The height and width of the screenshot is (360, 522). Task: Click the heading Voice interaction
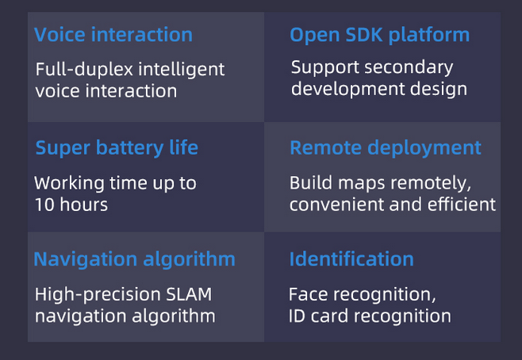(x=113, y=35)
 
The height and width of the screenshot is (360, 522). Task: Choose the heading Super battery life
(x=117, y=148)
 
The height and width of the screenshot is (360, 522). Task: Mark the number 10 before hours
(x=44, y=205)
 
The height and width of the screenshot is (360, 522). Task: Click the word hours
(x=83, y=205)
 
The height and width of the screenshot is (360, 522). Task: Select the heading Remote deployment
(x=385, y=148)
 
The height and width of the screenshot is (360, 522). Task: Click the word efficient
(x=461, y=205)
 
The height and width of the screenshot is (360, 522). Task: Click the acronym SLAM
(x=190, y=295)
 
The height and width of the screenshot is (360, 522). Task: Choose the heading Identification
(x=351, y=259)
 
